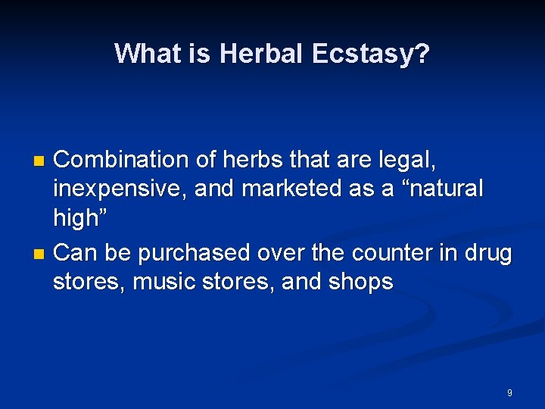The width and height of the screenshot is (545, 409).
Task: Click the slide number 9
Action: tap(509, 393)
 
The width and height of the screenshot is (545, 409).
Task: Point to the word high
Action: tap(77, 218)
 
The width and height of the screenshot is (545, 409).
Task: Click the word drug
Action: tap(486, 251)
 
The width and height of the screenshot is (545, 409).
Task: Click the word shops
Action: tap(360, 282)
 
